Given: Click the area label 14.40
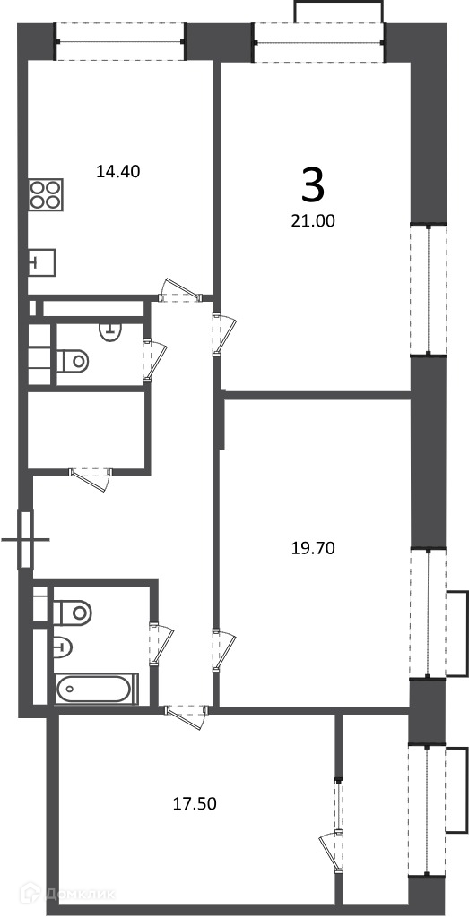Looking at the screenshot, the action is (118, 172).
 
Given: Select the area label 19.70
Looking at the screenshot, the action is (313, 549).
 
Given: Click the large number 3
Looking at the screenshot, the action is (313, 184).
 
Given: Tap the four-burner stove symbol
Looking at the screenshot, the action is (45, 194).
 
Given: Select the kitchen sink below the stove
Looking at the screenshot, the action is (41, 262).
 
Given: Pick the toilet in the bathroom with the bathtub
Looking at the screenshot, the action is (73, 613).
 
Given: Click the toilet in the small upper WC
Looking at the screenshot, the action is (73, 360).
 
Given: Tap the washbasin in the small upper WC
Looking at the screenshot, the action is (109, 331).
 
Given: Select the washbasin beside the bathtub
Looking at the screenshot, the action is (64, 647).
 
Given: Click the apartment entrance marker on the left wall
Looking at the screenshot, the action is (25, 538).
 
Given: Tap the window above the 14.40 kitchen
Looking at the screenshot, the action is (121, 41).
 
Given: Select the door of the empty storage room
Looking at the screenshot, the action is (91, 476).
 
